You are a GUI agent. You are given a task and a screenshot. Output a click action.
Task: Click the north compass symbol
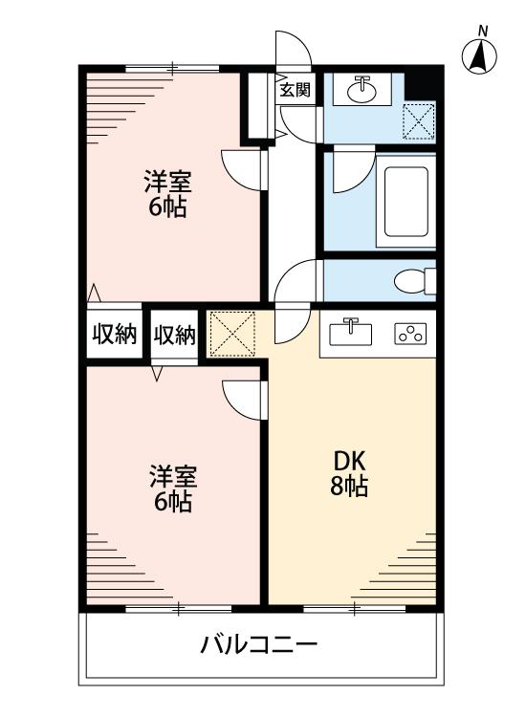click(480, 58)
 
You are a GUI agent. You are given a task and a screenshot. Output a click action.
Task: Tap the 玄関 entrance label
click(295, 91)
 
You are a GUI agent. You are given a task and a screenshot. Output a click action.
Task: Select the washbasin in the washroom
click(362, 90)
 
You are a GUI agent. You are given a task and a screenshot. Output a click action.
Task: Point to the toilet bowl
click(412, 281)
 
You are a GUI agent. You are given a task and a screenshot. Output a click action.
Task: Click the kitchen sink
click(351, 335)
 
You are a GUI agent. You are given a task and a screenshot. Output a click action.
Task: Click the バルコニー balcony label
click(258, 644)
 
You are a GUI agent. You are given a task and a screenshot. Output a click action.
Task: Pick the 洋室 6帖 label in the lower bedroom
click(172, 488)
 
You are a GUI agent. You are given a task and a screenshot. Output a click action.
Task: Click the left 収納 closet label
click(114, 335)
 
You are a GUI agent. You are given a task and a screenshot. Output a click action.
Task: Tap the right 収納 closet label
click(174, 335)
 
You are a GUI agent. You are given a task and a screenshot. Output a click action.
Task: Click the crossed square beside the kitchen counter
click(232, 334)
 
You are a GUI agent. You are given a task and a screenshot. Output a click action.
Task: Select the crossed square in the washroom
click(419, 120)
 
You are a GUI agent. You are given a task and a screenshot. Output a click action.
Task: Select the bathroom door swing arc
click(352, 170)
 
